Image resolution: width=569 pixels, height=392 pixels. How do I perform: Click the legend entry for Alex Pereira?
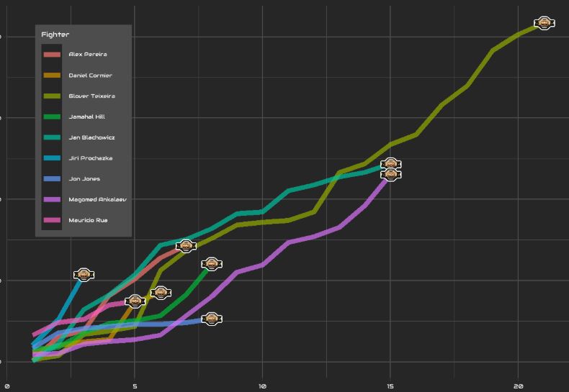(x=88, y=55)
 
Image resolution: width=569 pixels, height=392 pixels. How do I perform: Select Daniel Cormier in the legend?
(x=90, y=76)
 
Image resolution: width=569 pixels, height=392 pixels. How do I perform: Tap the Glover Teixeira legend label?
(x=91, y=96)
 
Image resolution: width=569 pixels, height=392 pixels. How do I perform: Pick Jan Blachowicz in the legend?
(x=91, y=137)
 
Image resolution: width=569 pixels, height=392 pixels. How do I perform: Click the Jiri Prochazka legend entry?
(x=90, y=158)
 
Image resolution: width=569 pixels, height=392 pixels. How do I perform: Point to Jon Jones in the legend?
(x=84, y=178)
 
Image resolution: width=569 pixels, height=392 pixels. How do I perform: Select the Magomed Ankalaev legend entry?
(x=97, y=199)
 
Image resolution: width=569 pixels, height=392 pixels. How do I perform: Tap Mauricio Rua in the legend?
(x=88, y=220)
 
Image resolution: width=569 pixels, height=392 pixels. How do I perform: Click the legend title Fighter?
(x=55, y=35)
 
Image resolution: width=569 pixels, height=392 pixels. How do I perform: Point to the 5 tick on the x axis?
(x=135, y=386)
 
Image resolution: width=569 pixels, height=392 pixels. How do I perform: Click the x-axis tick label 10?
(x=262, y=386)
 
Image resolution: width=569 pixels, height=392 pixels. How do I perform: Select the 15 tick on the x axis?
(x=390, y=386)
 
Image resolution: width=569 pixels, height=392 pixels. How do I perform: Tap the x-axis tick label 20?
(x=519, y=386)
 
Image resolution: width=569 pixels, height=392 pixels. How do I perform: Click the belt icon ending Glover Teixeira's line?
(x=544, y=23)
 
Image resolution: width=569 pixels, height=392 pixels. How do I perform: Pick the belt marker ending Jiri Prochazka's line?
(x=84, y=274)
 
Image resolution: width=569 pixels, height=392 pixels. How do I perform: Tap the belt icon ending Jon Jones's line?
(x=211, y=319)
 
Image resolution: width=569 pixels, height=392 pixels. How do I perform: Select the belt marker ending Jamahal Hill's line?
(x=211, y=265)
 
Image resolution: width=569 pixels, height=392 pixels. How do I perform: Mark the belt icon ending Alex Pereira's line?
(x=186, y=246)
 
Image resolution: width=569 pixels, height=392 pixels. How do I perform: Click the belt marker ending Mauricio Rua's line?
(x=135, y=301)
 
